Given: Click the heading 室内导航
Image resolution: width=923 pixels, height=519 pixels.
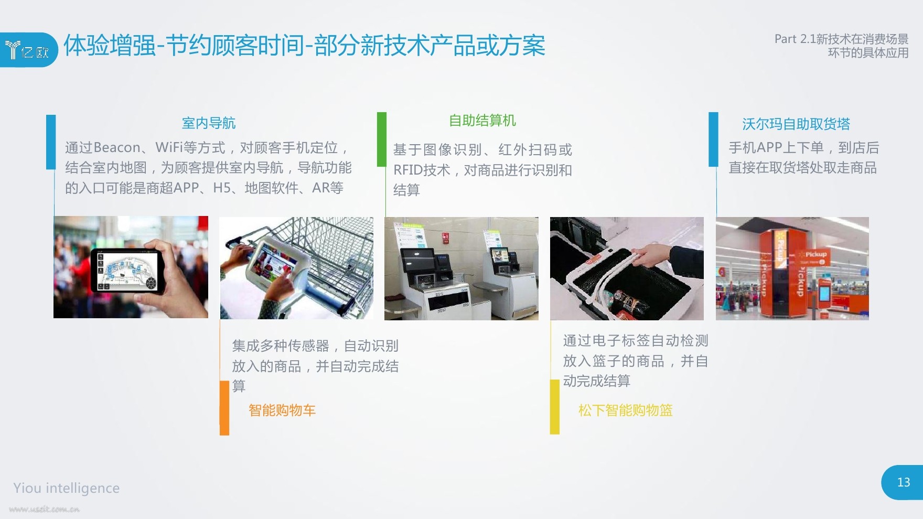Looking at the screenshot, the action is (x=209, y=123).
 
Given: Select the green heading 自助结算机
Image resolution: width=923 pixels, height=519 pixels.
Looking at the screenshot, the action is (x=482, y=121).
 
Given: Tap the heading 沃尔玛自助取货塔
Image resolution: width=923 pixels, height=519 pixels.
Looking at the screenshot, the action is (x=796, y=124).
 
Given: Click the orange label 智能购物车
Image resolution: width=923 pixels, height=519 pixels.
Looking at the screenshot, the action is (x=282, y=410).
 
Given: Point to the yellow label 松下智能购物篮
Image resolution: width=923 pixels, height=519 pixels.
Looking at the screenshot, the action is (x=625, y=410).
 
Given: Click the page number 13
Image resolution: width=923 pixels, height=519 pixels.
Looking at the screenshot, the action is (x=904, y=482).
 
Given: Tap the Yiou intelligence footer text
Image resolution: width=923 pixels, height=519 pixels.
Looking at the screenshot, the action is (x=67, y=488).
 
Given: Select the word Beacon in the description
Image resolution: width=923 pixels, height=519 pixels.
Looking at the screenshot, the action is (x=117, y=147).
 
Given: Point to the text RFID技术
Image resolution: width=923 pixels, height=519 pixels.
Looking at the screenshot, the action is (x=422, y=170).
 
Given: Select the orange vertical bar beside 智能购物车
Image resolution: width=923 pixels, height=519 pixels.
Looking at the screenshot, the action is (x=224, y=408).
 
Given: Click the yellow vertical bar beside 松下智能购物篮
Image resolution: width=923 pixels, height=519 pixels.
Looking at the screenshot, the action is (x=554, y=407).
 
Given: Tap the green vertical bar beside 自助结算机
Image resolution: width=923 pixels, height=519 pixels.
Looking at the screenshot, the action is (x=382, y=139).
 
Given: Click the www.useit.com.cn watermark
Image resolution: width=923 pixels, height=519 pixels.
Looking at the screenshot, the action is (x=44, y=509).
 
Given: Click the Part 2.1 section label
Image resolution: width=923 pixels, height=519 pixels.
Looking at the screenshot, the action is (x=841, y=46).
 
